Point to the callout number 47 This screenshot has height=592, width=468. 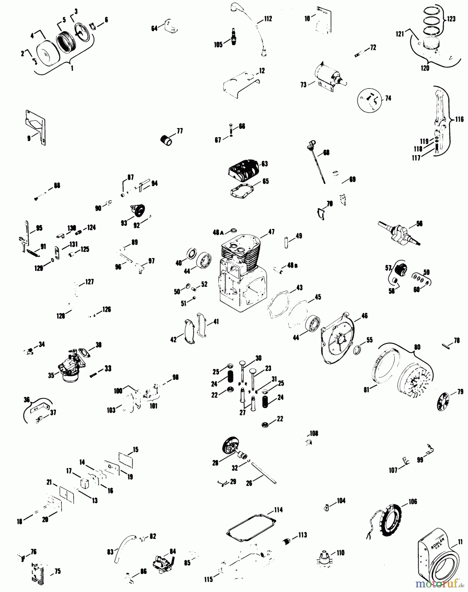271,232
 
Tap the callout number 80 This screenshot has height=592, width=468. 417,347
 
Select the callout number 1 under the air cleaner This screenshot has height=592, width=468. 72,68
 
